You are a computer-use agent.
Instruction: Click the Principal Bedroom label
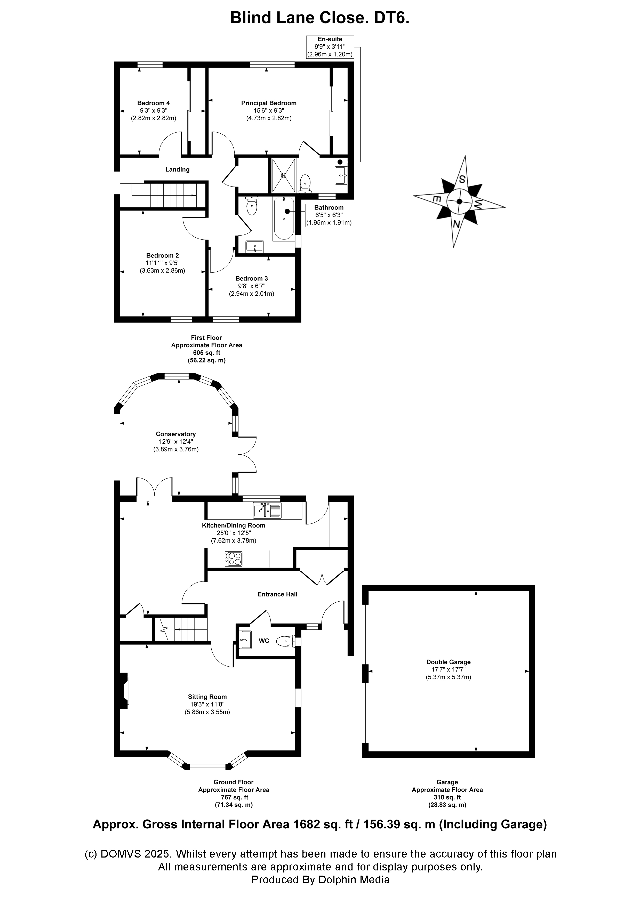[x=269, y=103]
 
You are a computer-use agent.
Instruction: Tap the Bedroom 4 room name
[x=153, y=103]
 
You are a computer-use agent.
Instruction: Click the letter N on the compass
[x=457, y=224]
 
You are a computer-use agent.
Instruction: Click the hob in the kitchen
[x=234, y=559]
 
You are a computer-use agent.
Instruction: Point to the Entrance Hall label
[x=277, y=594]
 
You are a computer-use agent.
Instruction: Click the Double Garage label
[x=448, y=662]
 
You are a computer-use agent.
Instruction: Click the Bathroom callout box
[x=329, y=215]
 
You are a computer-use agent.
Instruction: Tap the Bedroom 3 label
[x=252, y=279]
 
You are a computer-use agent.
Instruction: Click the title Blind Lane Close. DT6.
[x=320, y=18]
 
